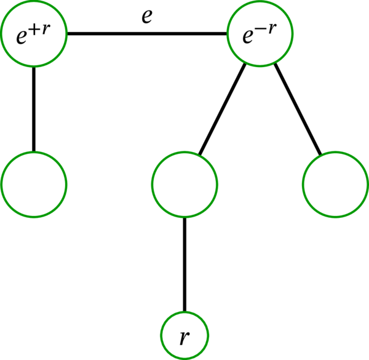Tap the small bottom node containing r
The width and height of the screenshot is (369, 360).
point(184,337)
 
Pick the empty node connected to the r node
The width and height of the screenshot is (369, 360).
point(184,184)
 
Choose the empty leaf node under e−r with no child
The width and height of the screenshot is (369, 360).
point(335,184)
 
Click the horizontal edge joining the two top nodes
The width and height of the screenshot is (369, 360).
point(146,34)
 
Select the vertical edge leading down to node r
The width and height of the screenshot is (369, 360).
point(184,265)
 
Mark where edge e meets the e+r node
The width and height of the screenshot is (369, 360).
point(66,34)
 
